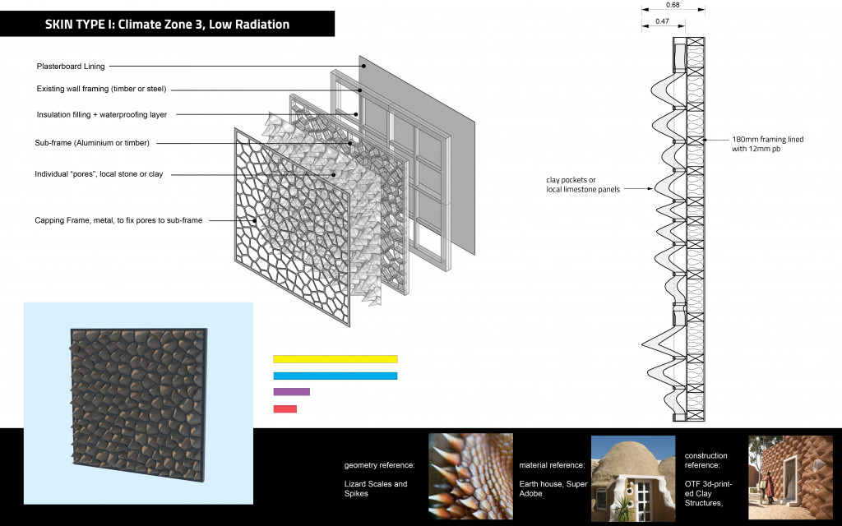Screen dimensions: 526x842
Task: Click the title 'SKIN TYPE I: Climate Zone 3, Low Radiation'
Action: (x=167, y=25)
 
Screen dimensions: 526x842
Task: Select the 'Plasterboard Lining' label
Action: (x=71, y=67)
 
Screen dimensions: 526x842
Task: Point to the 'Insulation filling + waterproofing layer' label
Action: (x=102, y=115)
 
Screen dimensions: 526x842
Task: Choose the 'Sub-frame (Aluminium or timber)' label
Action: (x=93, y=143)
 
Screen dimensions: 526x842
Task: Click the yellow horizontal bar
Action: (x=335, y=359)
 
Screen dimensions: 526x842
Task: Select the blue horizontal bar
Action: (x=335, y=376)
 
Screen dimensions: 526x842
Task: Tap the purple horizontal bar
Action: (x=291, y=392)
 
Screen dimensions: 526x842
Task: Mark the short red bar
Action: (x=285, y=408)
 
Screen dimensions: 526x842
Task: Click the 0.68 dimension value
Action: (x=672, y=4)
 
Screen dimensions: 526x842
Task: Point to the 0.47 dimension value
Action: (x=662, y=21)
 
